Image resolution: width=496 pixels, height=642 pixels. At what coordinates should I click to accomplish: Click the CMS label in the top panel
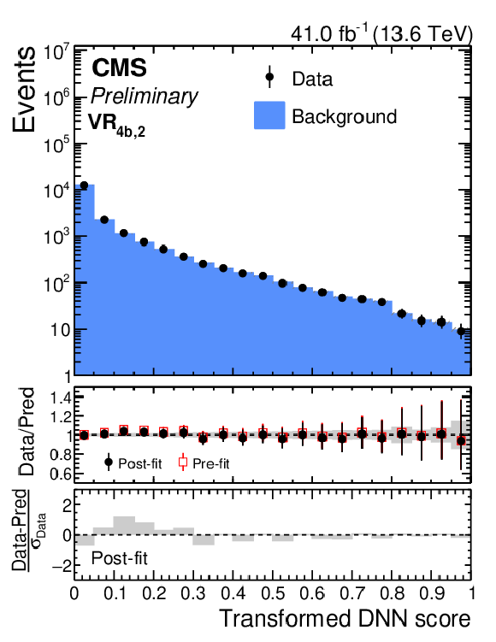point(119,68)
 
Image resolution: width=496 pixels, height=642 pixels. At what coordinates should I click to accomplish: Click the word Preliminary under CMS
point(144,97)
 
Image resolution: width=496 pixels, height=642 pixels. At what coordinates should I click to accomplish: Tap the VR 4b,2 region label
point(116,124)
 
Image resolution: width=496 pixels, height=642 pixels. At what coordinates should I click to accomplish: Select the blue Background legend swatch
point(269,115)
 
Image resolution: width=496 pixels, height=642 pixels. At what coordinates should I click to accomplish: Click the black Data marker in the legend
point(269,77)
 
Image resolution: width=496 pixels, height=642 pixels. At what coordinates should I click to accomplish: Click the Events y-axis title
point(24,89)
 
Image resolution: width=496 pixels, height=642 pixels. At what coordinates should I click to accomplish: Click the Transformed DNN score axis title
point(345,618)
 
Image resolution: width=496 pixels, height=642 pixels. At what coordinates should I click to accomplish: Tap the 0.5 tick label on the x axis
point(272,593)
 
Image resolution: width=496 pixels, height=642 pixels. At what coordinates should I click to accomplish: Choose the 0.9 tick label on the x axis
point(431,593)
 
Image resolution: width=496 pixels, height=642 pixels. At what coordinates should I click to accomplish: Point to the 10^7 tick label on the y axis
point(56,53)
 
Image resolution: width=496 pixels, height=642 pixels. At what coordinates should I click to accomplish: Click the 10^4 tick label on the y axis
point(56,191)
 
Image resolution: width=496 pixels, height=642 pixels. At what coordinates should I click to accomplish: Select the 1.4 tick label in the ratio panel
point(61,398)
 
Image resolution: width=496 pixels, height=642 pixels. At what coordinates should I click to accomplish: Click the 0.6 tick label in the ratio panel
point(61,474)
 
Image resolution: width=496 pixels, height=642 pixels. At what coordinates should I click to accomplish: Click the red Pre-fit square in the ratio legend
point(183,462)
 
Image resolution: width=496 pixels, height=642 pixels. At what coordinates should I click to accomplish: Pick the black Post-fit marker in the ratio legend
point(109,462)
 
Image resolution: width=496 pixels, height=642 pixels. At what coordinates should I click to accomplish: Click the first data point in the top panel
point(84,186)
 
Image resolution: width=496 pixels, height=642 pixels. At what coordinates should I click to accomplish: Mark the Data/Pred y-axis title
point(27,432)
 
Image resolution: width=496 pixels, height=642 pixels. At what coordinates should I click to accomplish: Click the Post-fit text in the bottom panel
point(119,558)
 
